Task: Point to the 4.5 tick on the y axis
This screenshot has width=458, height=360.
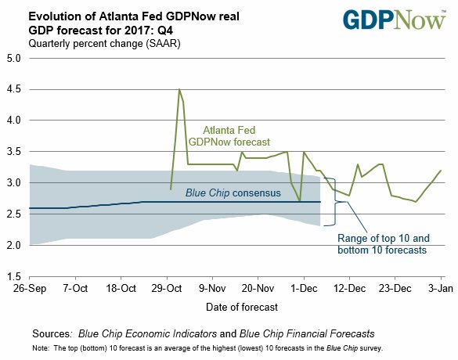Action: coord(14,89)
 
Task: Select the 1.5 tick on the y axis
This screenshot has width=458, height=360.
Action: coord(14,277)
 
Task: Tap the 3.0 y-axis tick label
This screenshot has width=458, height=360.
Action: coord(14,183)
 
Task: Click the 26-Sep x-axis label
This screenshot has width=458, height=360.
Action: coord(29,288)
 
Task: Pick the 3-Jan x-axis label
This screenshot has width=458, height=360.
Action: coord(441,288)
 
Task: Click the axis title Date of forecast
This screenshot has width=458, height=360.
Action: coord(235,305)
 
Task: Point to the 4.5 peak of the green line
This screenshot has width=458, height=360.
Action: coord(179,89)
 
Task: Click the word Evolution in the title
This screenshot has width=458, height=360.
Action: coord(52,15)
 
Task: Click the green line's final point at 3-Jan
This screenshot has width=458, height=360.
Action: coord(441,171)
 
